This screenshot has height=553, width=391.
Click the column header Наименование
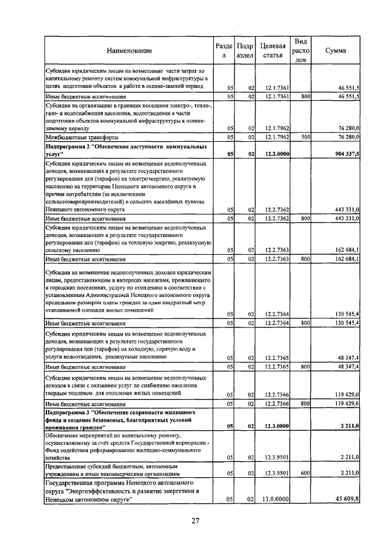pyautogui.click(x=129, y=50)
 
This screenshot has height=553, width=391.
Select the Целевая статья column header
pyautogui.click(x=272, y=50)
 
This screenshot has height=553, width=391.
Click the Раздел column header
pyautogui.click(x=224, y=50)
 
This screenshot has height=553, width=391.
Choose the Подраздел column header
pyautogui.click(x=245, y=50)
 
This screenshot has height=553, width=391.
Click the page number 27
pyautogui.click(x=195, y=521)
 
